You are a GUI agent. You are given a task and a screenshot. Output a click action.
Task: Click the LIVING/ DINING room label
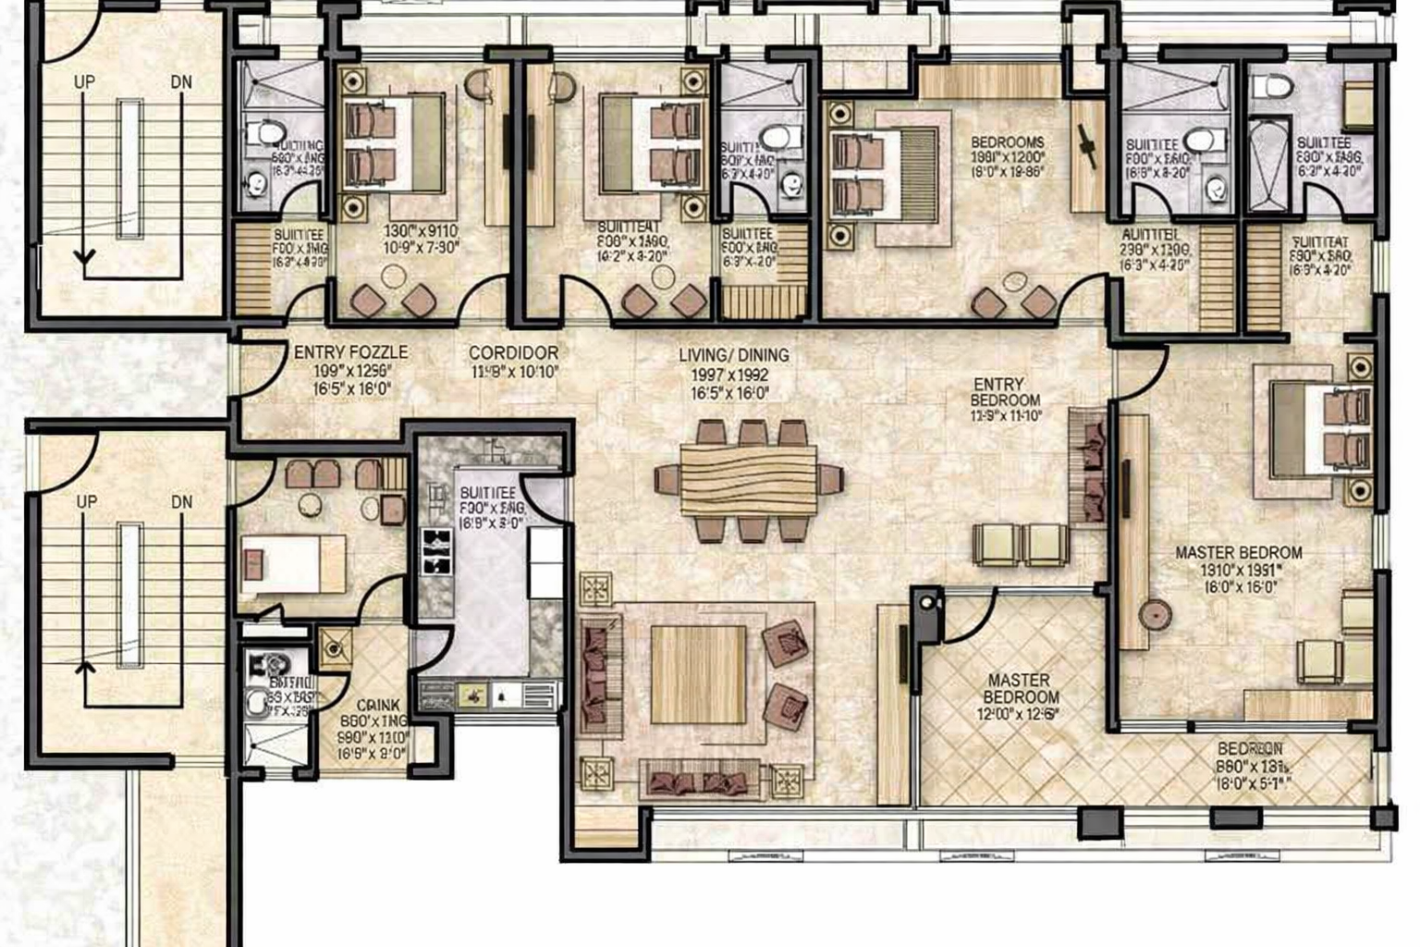click(x=733, y=355)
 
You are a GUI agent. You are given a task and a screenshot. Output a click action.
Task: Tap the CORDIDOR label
click(x=513, y=353)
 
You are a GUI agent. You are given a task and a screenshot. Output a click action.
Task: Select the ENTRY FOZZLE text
click(x=350, y=352)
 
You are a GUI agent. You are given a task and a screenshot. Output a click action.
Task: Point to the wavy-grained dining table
click(x=749, y=480)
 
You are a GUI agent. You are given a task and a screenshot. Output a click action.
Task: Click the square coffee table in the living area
click(x=698, y=675)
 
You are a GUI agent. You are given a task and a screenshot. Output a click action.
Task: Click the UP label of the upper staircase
click(x=84, y=82)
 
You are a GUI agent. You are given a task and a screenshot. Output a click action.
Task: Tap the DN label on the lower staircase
click(x=182, y=502)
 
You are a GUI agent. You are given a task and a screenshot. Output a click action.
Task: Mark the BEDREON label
click(x=1249, y=749)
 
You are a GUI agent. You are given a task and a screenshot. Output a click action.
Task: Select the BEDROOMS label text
click(x=1007, y=143)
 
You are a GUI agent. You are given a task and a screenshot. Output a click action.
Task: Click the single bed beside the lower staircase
click(x=292, y=564)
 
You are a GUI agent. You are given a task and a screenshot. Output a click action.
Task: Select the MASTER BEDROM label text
click(x=1238, y=553)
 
